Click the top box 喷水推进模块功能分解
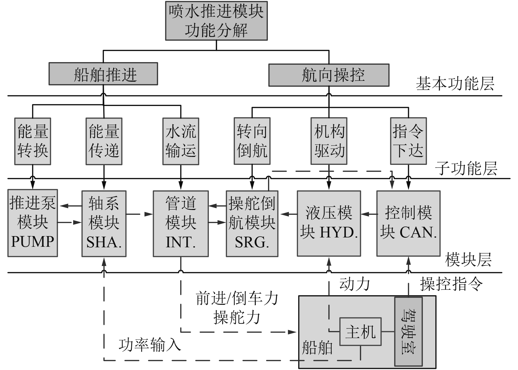(x=216, y=21)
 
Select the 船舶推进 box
(x=103, y=74)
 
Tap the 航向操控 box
(x=329, y=75)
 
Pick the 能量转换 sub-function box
(x=33, y=141)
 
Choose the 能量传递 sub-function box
(x=104, y=141)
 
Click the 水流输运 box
(x=181, y=141)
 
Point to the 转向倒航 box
(x=252, y=141)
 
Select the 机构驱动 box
(x=329, y=141)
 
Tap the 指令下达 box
(x=408, y=141)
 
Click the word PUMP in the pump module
(x=33, y=242)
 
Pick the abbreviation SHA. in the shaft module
(x=104, y=242)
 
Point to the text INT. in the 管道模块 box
(x=181, y=242)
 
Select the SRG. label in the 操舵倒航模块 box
(x=252, y=242)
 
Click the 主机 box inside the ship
(x=360, y=332)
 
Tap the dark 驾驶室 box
(x=408, y=331)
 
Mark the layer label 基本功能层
(x=455, y=84)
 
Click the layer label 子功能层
(x=466, y=168)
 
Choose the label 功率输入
(x=150, y=345)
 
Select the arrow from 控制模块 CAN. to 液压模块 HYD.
(x=369, y=214)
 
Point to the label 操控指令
(x=451, y=284)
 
